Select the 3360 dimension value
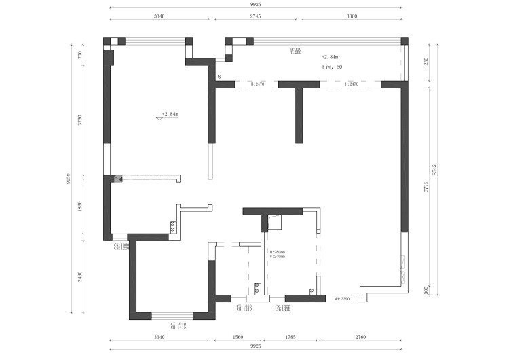pos(352,15)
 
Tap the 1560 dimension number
pos(238,336)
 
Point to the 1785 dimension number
pos(288,336)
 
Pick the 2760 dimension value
pos(360,336)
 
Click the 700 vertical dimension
pos(80,55)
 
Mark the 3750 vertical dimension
pos(80,120)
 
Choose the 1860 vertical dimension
pos(80,206)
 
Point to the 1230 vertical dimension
pos(426,62)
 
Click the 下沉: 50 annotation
pos(332,67)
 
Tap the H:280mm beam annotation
pos(278,252)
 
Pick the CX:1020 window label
pos(282,307)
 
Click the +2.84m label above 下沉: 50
pos(330,58)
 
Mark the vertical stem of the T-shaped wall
pos(299,115)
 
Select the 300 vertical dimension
pos(426,290)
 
